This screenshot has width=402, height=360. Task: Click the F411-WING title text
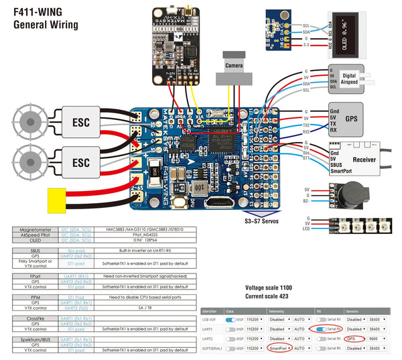point(42,11)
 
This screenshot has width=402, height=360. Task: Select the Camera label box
point(234,66)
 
